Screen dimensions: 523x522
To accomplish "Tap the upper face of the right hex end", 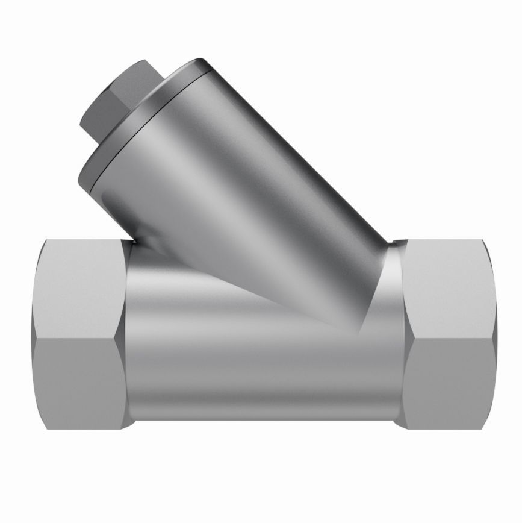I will [449, 283].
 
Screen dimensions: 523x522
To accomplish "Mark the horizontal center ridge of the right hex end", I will [449, 336].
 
